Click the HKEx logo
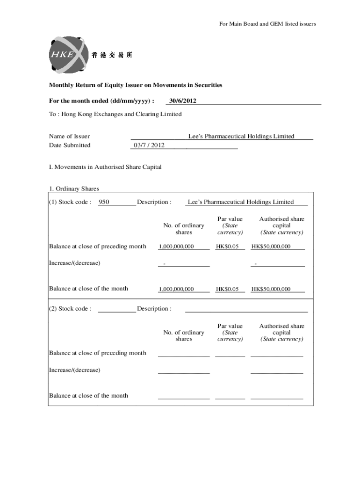click(68, 55)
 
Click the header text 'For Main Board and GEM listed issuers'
click(267, 24)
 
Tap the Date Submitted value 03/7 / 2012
click(149, 145)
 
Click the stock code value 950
click(104, 202)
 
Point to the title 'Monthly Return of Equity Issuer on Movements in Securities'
click(136, 85)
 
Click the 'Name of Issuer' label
click(69, 136)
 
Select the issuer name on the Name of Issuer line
click(241, 136)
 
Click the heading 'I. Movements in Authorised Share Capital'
click(105, 167)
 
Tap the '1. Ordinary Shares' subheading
click(74, 189)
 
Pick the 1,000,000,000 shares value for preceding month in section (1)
click(176, 247)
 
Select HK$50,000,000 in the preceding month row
click(271, 247)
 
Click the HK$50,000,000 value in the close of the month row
click(271, 289)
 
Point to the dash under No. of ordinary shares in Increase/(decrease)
click(164, 264)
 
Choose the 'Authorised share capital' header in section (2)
click(281, 333)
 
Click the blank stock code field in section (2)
click(117, 309)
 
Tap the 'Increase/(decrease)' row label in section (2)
click(74, 370)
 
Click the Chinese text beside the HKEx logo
click(112, 55)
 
